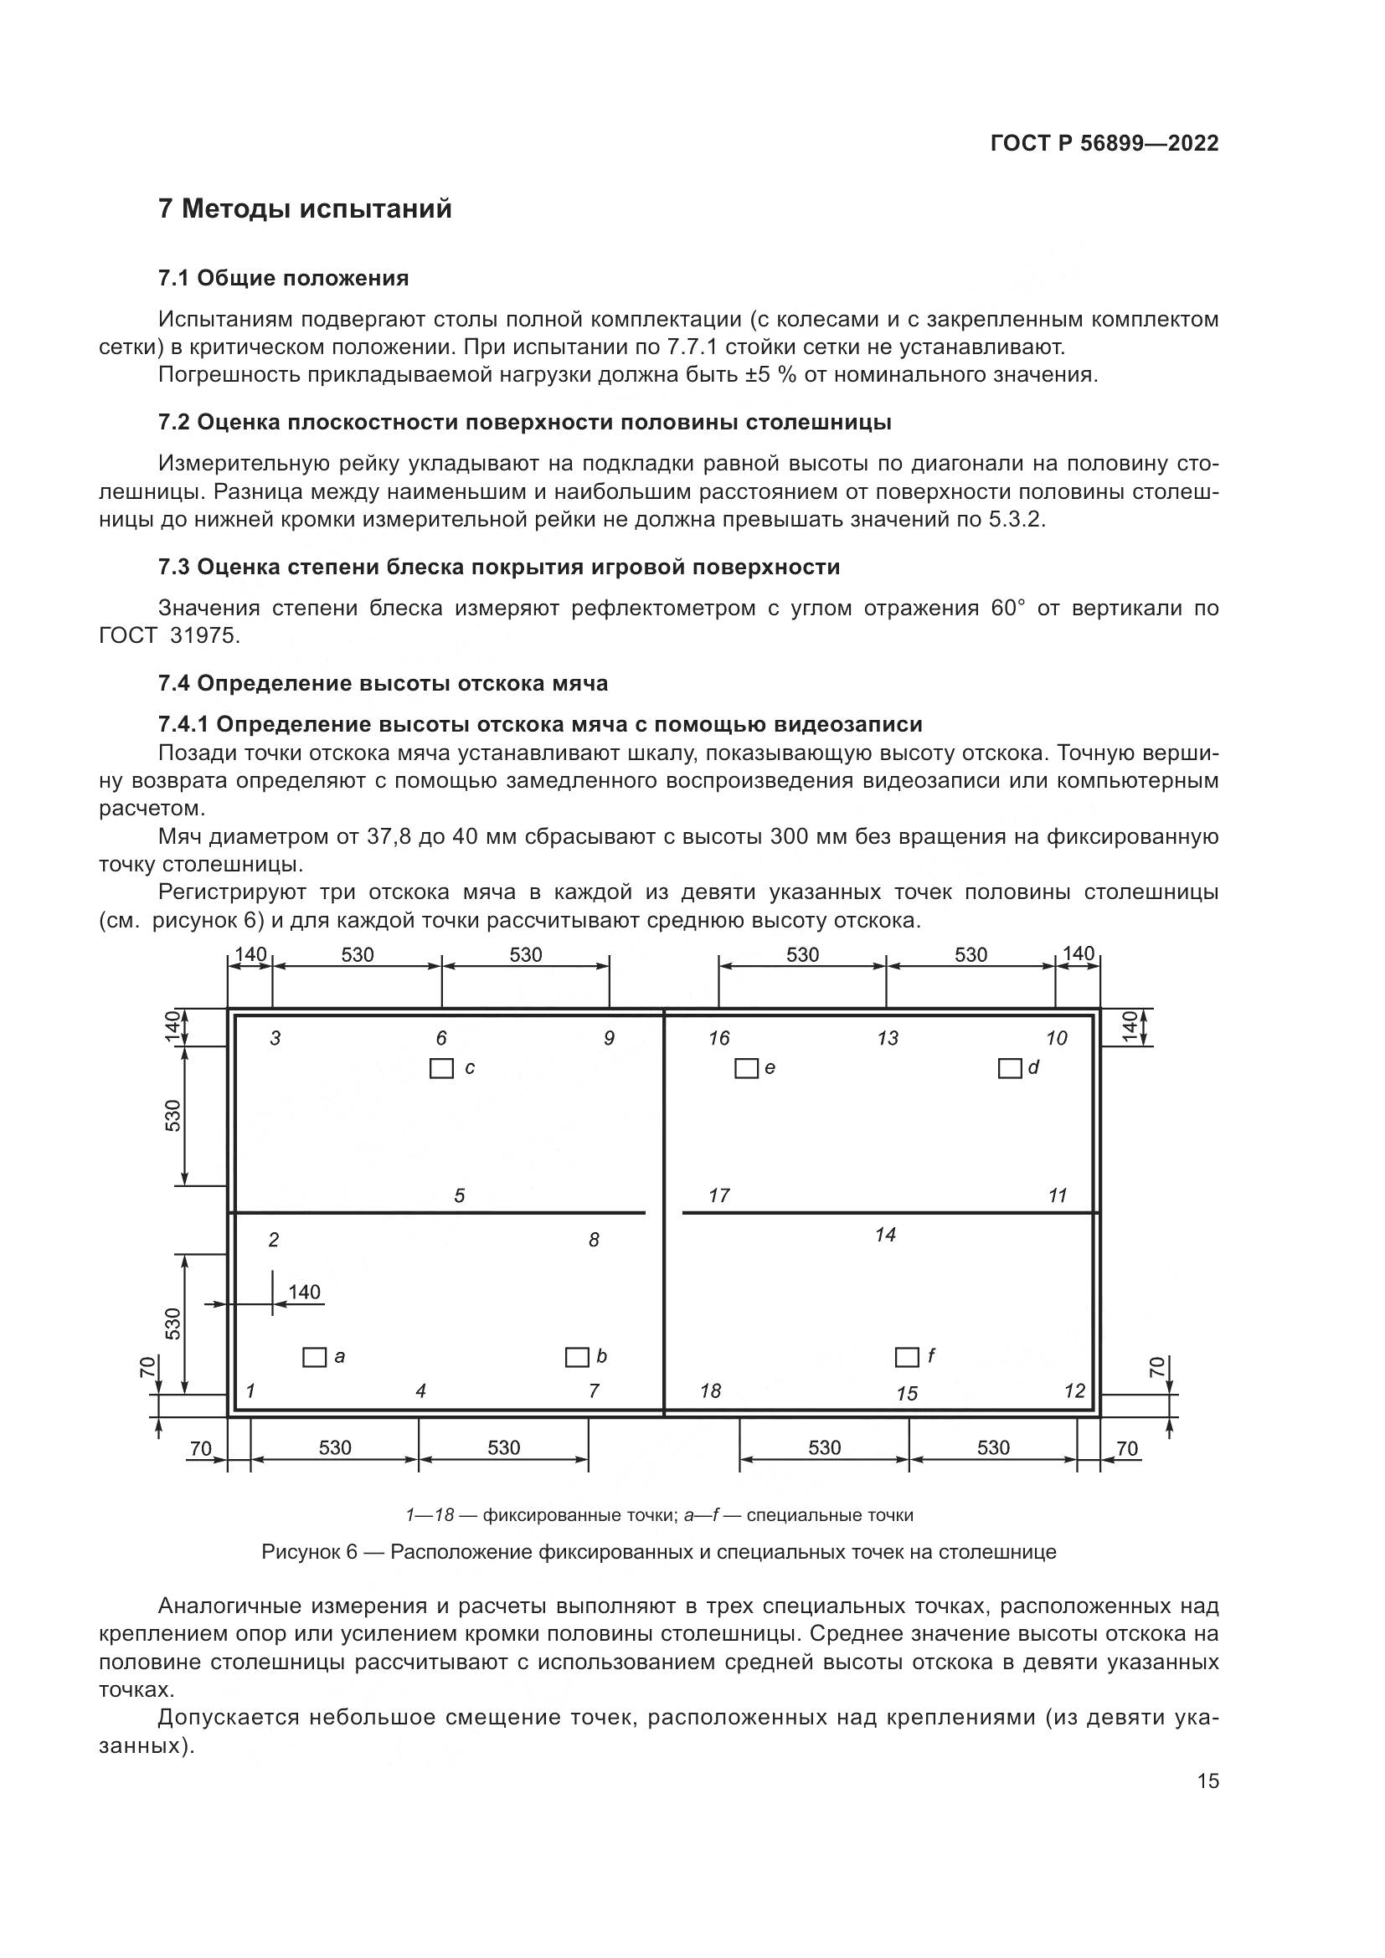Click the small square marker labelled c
coord(441,1068)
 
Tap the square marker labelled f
coord(907,1357)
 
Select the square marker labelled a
coord(315,1357)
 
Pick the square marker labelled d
coord(1010,1068)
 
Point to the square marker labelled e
coord(746,1068)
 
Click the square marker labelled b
coord(578,1357)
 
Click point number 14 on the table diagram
coord(885,1235)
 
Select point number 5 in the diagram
coord(460,1196)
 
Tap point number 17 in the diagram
coord(719,1195)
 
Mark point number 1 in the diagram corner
coord(250,1391)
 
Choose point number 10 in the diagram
coord(1057,1038)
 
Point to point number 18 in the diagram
coord(710,1391)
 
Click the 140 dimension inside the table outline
coord(305,1292)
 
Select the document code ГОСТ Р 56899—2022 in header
coord(1104,143)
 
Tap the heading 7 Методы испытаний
coord(306,209)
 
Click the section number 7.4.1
coord(183,725)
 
